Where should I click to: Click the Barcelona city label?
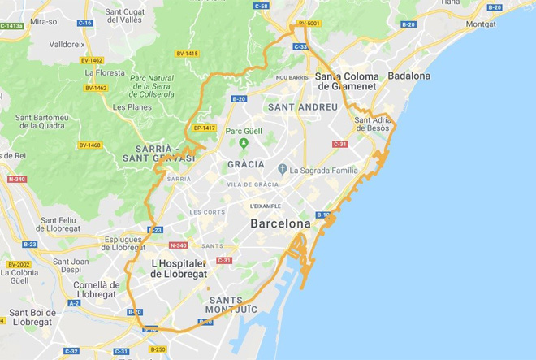pyautogui.click(x=280, y=223)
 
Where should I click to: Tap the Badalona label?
pyautogui.click(x=409, y=76)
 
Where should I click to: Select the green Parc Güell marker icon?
pyautogui.click(x=243, y=144)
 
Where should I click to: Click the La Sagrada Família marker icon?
pyautogui.click(x=282, y=170)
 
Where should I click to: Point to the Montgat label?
pyautogui.click(x=482, y=24)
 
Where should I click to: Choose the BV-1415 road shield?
pyautogui.click(x=186, y=54)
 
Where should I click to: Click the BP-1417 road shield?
pyautogui.click(x=204, y=128)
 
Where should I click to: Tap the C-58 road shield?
pyautogui.click(x=261, y=6)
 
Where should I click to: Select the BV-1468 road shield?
pyautogui.click(x=89, y=145)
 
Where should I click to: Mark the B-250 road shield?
pyautogui.click(x=158, y=349)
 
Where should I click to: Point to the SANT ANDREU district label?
pyautogui.click(x=302, y=107)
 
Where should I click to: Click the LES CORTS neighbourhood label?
pyautogui.click(x=207, y=212)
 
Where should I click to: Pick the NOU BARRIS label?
pyautogui.click(x=293, y=77)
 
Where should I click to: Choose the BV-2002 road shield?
pyautogui.click(x=19, y=265)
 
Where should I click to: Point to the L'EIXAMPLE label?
pyautogui.click(x=266, y=206)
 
